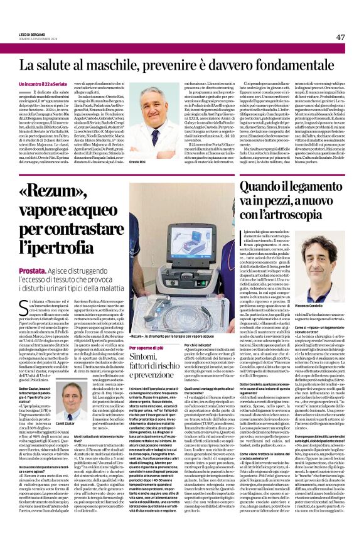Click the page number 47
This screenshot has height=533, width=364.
coord(340,38)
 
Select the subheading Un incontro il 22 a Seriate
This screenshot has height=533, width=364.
coord(43,83)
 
